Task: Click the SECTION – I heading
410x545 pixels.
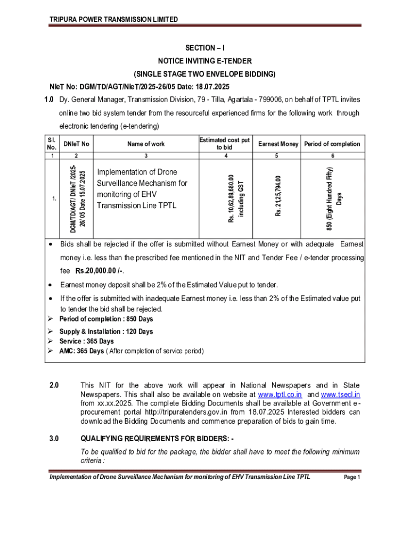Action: [204, 48]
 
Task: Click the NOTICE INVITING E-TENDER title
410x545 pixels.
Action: [204, 61]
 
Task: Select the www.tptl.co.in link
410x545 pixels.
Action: [280, 394]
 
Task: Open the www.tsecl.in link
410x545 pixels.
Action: [341, 394]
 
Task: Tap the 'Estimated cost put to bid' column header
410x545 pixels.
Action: [224, 144]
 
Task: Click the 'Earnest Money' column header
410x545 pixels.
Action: [278, 144]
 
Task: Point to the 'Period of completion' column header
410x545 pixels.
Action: [333, 144]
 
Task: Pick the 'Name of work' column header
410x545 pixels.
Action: [146, 144]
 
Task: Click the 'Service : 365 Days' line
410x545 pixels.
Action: [86, 341]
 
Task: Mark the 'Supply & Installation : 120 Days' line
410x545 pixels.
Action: [106, 332]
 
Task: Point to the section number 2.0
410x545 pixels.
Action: [53, 385]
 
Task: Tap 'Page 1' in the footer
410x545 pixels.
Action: [352, 477]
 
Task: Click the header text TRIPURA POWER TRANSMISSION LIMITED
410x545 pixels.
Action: [113, 19]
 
